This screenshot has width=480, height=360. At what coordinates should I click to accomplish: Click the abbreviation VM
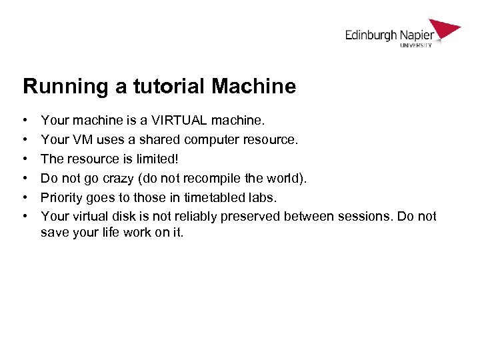tap(76, 140)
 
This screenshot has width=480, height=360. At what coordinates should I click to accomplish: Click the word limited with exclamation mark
tap(159, 159)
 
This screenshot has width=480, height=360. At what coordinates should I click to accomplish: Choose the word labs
tap(263, 197)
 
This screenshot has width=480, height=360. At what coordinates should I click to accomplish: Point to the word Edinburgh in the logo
tap(370, 35)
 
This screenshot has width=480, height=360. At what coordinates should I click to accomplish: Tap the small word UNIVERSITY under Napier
tap(416, 45)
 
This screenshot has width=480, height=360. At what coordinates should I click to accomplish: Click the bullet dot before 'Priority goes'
tap(25, 197)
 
